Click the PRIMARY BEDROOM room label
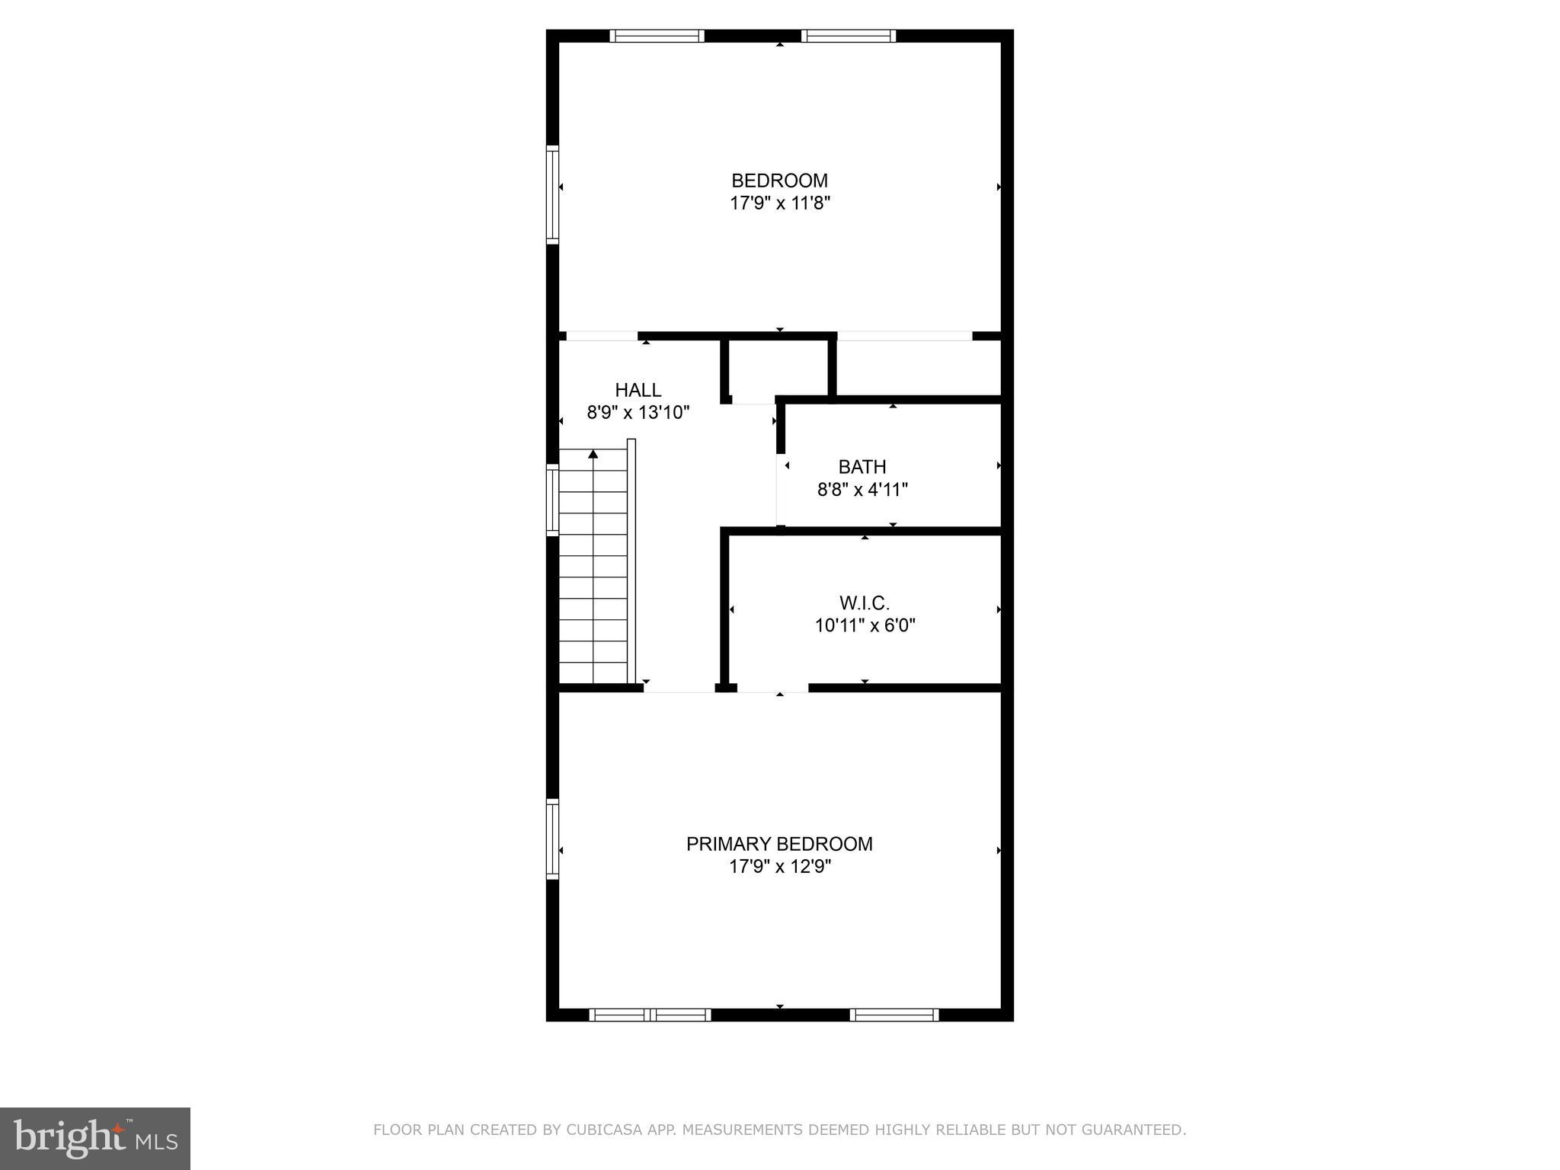(779, 844)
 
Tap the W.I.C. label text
(865, 603)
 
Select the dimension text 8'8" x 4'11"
(862, 490)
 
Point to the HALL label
(638, 390)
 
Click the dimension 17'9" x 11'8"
(779, 203)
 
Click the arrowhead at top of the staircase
(593, 455)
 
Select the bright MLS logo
(94, 1139)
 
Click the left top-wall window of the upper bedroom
(657, 36)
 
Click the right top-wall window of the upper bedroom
(848, 36)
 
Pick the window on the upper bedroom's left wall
(553, 195)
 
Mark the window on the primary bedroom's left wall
(553, 839)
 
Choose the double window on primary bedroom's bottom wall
(650, 1015)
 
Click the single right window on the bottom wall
(893, 1015)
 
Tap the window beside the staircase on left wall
(553, 500)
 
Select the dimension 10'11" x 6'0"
(865, 626)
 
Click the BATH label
(862, 467)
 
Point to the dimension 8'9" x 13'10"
(638, 413)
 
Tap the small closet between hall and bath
(777, 369)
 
